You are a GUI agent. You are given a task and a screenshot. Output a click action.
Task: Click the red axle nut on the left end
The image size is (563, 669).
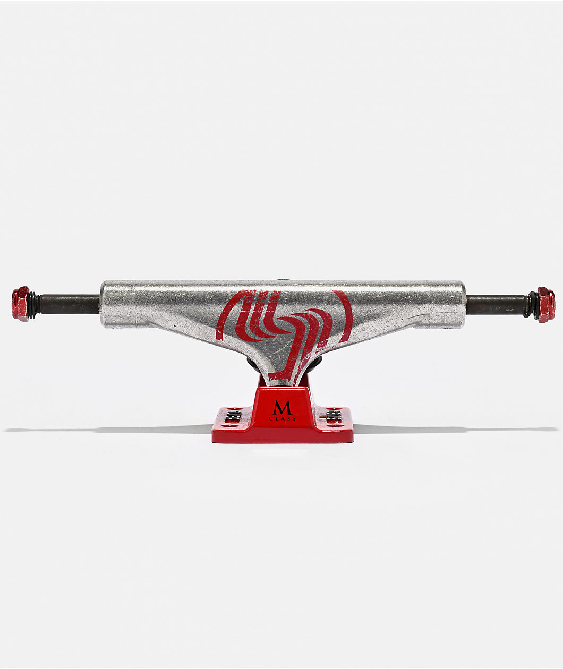click(21, 304)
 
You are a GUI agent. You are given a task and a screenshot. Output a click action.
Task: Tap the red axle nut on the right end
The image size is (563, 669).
click(545, 305)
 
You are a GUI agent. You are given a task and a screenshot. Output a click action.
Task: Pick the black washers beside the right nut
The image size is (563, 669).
click(531, 305)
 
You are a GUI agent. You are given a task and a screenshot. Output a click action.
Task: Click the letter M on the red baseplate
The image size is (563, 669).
click(281, 408)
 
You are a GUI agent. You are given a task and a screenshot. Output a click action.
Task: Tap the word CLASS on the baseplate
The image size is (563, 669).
click(282, 418)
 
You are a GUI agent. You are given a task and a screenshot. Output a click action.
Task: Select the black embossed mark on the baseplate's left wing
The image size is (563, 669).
click(233, 416)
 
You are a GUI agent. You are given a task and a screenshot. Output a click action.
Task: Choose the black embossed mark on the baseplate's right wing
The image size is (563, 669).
click(333, 416)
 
